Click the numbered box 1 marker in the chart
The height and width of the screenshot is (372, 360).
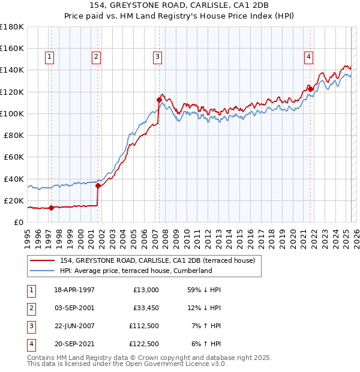click(49, 57)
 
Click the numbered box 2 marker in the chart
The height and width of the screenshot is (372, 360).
click(96, 57)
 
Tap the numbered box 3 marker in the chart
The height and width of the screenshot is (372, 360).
click(157, 57)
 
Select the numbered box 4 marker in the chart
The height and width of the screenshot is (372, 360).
click(308, 57)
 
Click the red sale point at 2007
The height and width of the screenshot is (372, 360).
click(159, 100)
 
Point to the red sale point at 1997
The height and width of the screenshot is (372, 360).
click(51, 208)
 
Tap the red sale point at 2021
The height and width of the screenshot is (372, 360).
click(311, 89)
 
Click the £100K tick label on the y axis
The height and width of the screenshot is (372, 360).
click(11, 113)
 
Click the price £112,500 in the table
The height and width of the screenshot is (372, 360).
click(144, 327)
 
